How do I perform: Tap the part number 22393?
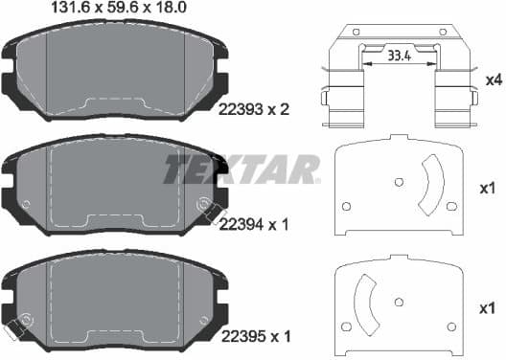[241, 110]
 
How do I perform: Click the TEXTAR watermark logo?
[241, 169]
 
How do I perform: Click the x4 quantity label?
[494, 79]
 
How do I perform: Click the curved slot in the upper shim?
[430, 187]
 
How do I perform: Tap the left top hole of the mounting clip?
[356, 32]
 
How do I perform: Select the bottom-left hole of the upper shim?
[346, 205]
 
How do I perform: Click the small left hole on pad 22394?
[26, 204]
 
